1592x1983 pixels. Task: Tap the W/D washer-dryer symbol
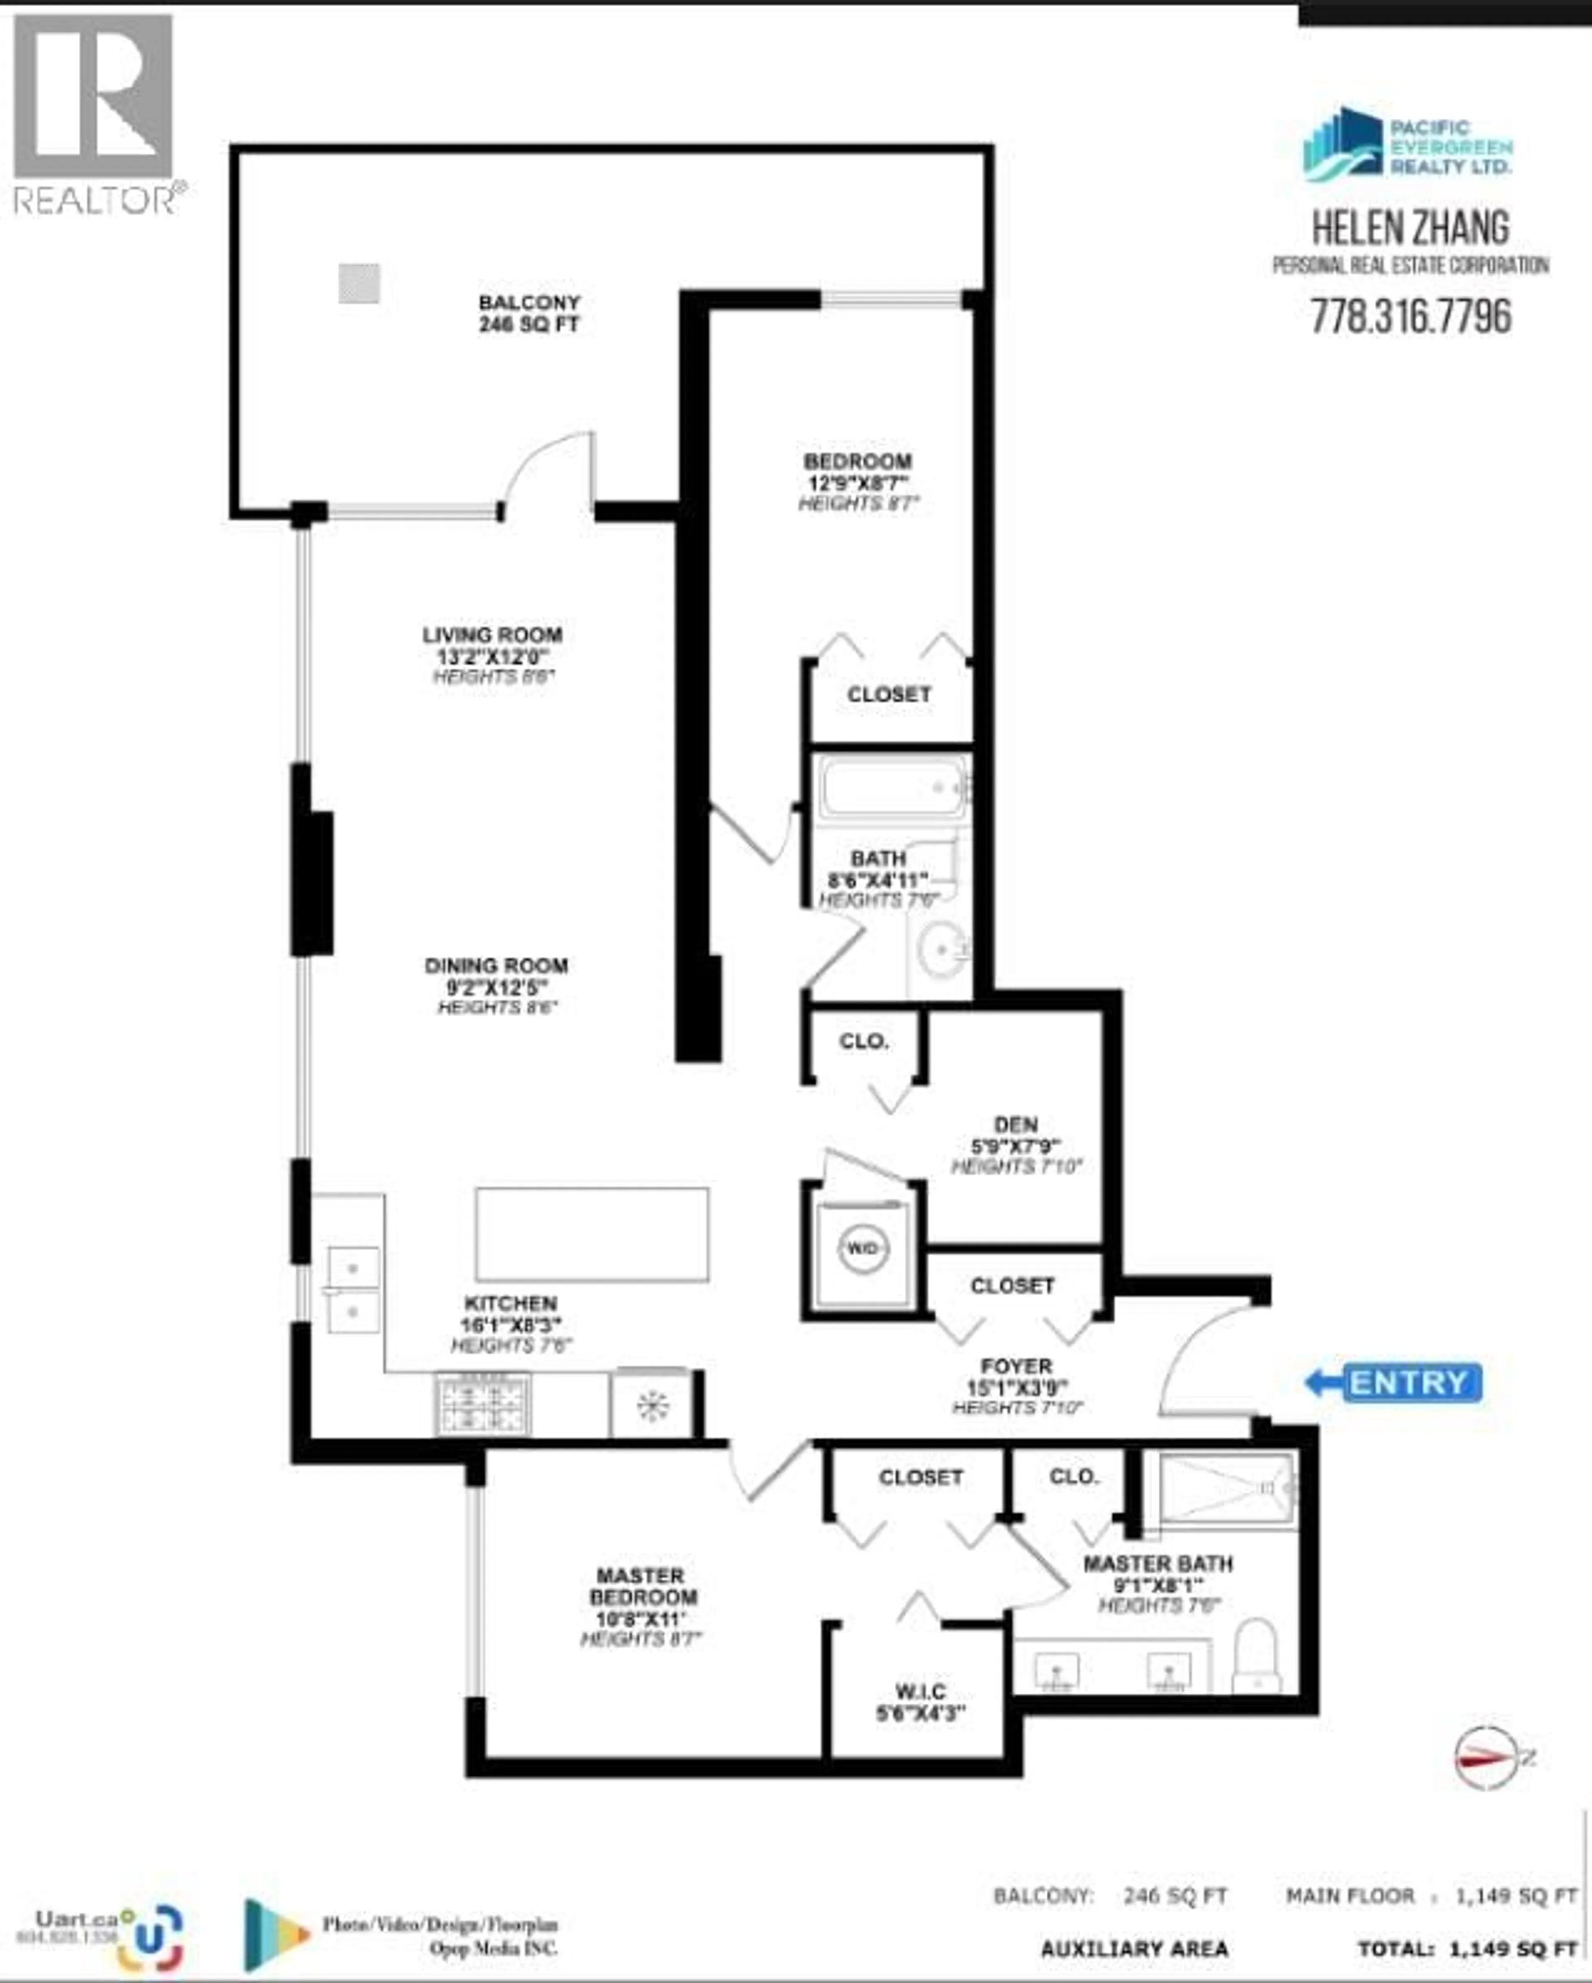863,1249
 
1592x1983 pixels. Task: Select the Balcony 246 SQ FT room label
529,313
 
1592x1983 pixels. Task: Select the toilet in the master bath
1255,1655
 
